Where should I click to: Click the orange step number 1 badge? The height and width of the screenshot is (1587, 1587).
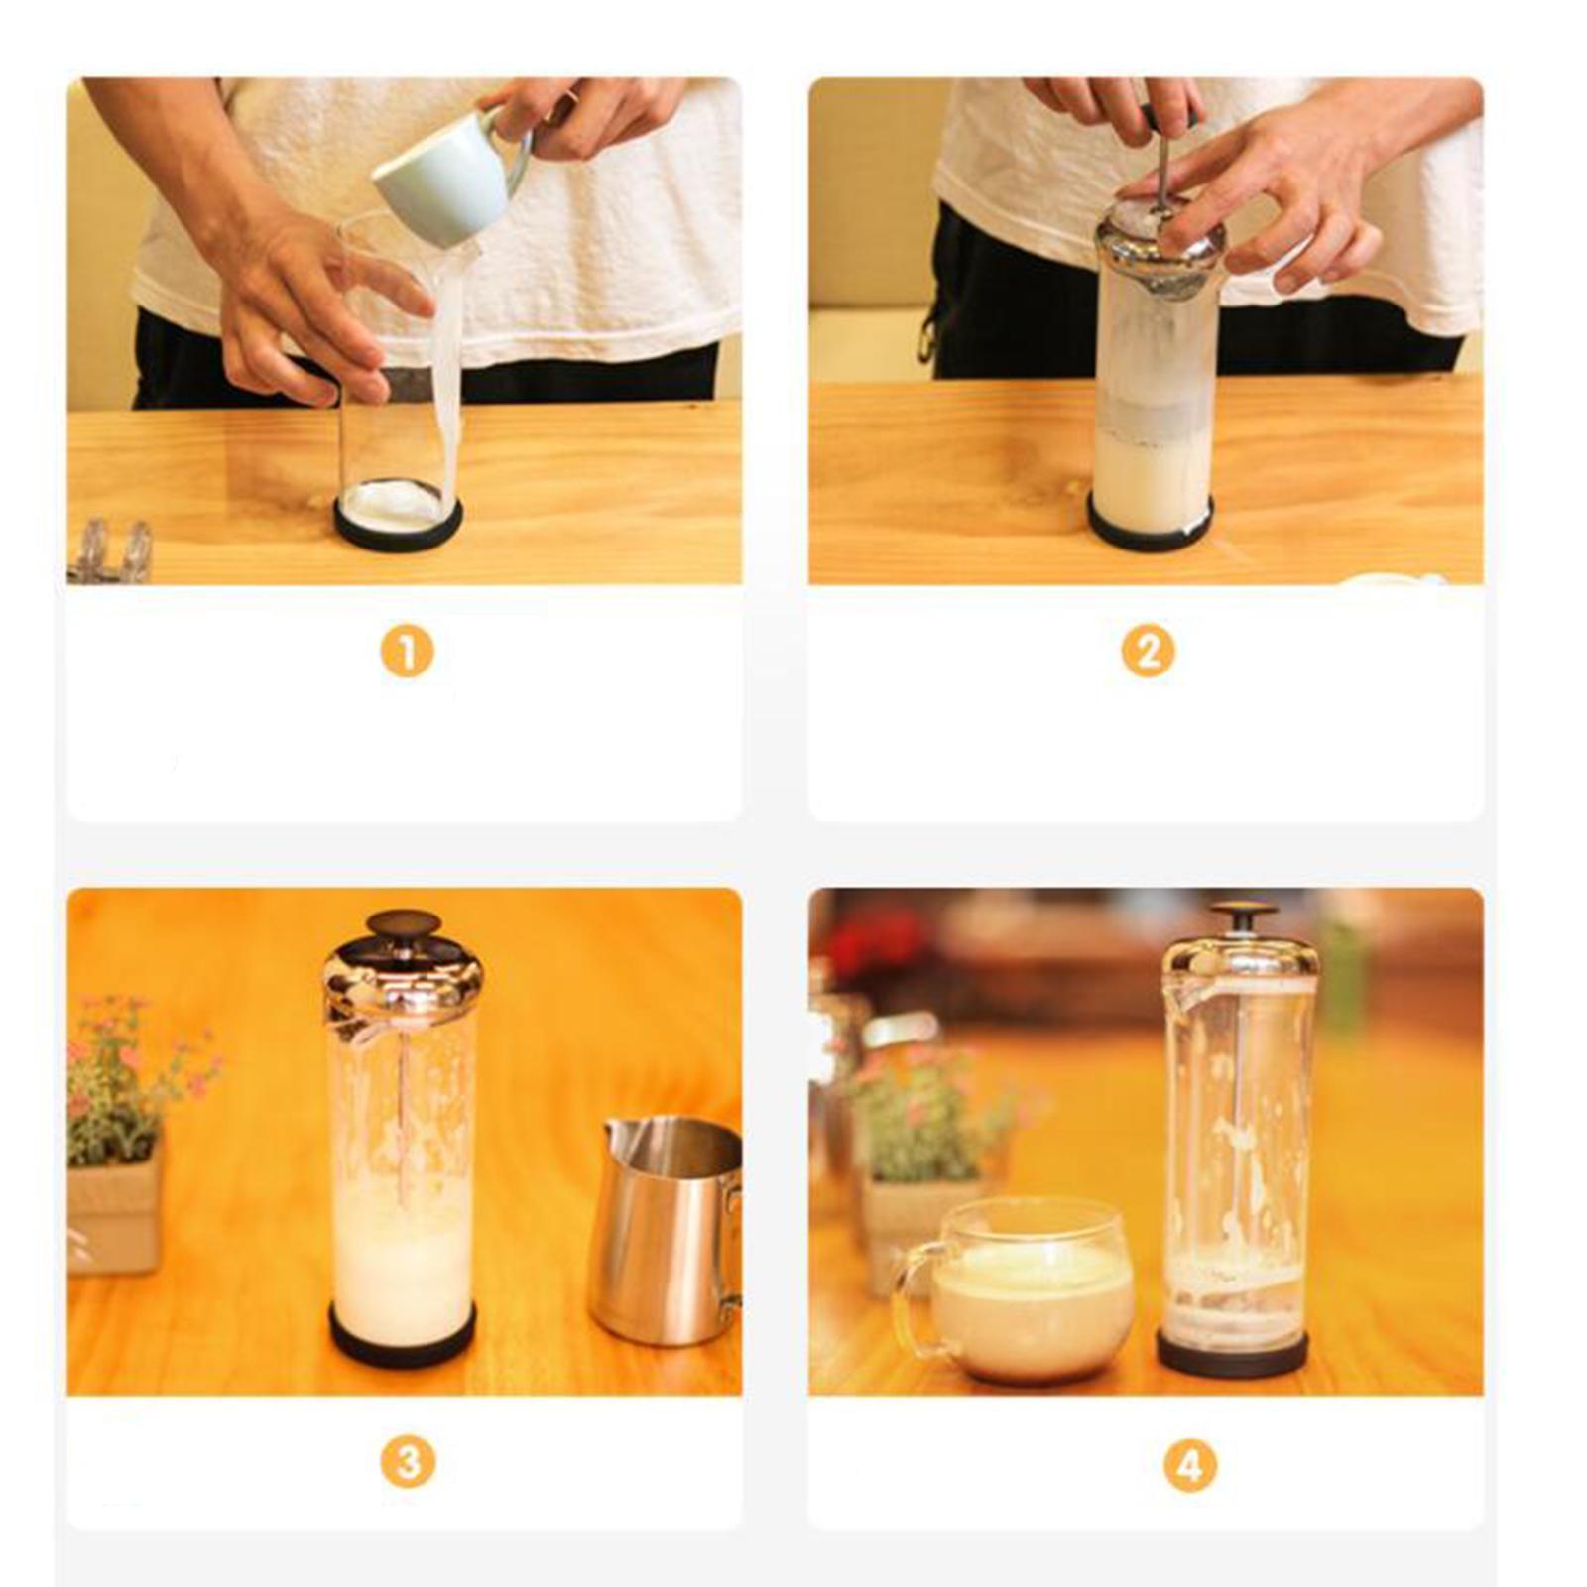click(407, 653)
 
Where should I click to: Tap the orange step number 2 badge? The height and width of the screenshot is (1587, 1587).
click(1148, 653)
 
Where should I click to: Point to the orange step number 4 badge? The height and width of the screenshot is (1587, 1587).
click(1189, 1465)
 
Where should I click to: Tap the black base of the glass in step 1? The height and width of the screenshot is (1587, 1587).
click(398, 526)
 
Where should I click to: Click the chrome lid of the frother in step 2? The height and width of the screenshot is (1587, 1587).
click(1160, 243)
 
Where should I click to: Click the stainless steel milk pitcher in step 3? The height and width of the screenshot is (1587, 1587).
click(666, 1230)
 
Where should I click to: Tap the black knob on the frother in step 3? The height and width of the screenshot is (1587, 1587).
click(403, 923)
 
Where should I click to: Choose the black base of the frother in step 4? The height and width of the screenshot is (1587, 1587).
click(1232, 1351)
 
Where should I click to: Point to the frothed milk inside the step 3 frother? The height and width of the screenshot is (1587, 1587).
click(403, 1250)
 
